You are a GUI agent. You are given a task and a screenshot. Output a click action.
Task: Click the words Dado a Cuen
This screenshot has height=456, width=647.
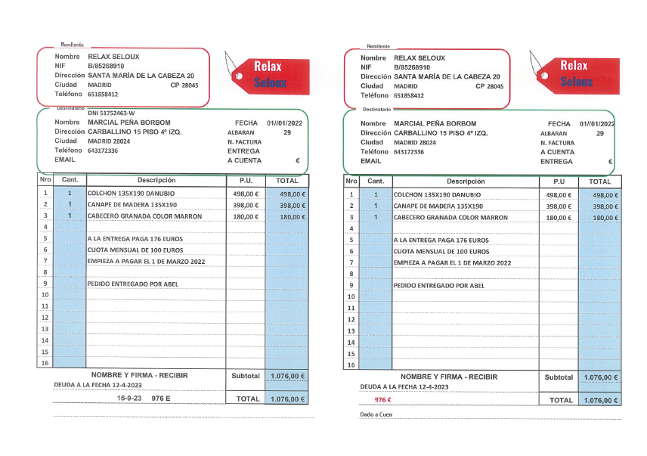click(x=376, y=415)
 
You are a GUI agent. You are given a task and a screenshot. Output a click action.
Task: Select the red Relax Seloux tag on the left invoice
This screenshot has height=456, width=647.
click(x=262, y=74)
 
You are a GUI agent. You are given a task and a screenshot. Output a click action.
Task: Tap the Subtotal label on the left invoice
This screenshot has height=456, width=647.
click(x=246, y=376)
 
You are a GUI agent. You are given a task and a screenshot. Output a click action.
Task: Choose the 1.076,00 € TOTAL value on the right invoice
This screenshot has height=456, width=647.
click(x=601, y=400)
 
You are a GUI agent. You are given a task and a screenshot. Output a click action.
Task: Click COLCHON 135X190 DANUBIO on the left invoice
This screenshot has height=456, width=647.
click(x=131, y=194)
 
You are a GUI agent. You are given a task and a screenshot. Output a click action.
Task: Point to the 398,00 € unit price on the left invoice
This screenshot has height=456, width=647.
click(x=246, y=205)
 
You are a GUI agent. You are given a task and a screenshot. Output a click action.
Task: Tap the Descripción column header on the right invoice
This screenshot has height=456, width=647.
click(x=466, y=181)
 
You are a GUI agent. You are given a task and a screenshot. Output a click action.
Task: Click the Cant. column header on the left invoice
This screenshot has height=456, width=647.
click(x=70, y=181)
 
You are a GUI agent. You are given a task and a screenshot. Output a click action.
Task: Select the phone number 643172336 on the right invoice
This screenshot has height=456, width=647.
click(x=409, y=152)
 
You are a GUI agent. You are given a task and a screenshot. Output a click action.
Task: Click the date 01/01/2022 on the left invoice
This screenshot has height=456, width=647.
click(x=283, y=123)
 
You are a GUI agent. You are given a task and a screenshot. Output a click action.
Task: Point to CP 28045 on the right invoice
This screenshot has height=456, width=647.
click(x=489, y=86)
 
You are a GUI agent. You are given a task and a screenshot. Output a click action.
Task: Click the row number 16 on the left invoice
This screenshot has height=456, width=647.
click(x=45, y=363)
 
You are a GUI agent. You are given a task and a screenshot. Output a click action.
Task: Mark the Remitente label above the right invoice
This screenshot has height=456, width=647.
click(x=377, y=46)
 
